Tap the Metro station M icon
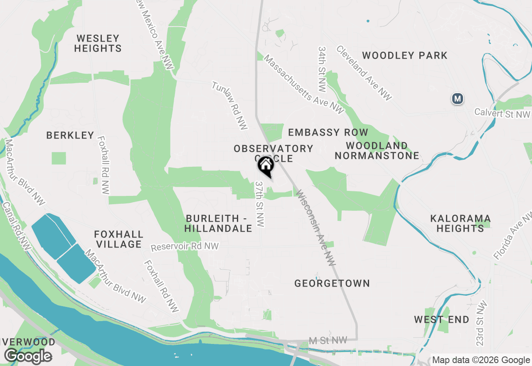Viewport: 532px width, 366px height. click(458, 99)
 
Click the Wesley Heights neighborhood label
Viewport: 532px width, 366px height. click(98, 43)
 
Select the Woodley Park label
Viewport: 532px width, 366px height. click(404, 55)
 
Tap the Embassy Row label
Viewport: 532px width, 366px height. click(328, 132)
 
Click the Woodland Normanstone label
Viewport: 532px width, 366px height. click(377, 151)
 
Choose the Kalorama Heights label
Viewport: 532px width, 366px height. click(460, 223)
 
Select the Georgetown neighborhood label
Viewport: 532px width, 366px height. click(332, 283)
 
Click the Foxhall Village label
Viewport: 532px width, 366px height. click(118, 239)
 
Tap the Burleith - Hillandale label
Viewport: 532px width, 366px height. click(219, 223)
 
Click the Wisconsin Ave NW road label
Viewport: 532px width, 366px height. click(315, 227)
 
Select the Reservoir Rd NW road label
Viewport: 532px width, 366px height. click(185, 247)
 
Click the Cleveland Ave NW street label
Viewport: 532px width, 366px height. click(364, 73)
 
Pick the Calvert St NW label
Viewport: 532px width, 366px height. click(502, 113)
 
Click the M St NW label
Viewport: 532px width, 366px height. click(328, 341)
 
